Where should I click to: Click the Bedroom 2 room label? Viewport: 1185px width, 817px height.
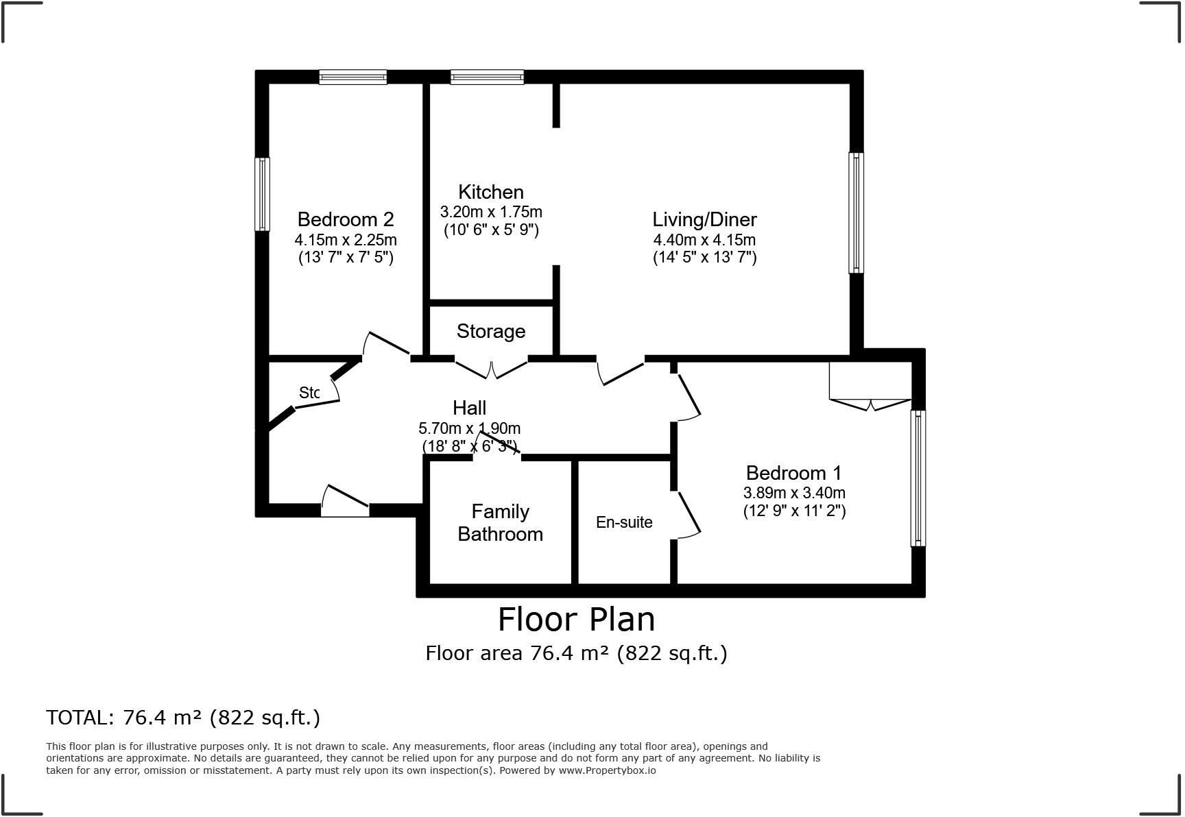pos(346,219)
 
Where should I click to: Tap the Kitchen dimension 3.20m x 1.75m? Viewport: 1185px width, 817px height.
pos(491,212)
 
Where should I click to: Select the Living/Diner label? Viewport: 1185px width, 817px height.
pos(704,219)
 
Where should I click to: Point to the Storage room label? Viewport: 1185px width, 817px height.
pos(491,331)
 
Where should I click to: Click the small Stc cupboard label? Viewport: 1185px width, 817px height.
pos(309,393)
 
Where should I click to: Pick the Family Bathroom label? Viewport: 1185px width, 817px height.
pos(500,523)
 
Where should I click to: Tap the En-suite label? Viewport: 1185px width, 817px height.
pos(624,522)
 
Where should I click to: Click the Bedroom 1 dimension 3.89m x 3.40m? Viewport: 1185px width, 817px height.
pos(794,493)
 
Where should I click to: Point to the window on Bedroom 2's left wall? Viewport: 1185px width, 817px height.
pos(262,194)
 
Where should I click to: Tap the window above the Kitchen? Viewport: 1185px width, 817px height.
pos(487,77)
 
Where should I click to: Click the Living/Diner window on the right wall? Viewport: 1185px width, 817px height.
pos(856,212)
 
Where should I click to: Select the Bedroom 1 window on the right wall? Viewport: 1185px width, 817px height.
pos(918,478)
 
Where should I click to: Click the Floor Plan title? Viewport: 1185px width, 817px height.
pos(576,620)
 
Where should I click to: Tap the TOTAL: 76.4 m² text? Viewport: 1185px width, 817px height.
pos(183,718)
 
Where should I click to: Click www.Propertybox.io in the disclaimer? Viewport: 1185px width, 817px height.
pos(607,770)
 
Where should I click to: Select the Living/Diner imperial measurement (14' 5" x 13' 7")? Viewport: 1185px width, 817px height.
pos(704,258)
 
